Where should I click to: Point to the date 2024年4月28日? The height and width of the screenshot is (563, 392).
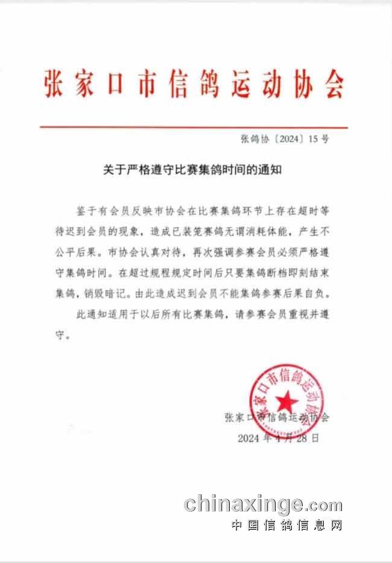click(x=279, y=437)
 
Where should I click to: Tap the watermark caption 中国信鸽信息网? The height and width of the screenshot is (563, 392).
click(x=287, y=525)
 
